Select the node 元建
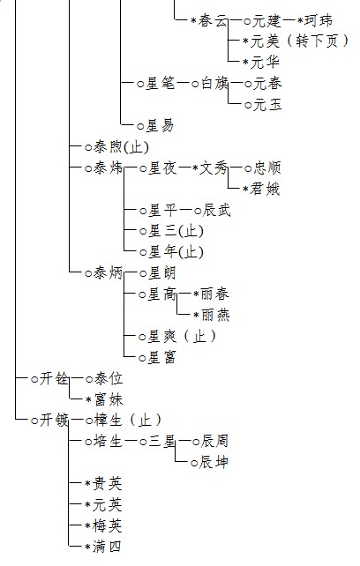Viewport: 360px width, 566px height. (x=266, y=20)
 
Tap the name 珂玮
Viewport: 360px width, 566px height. (x=318, y=20)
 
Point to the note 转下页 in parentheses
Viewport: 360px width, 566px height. (x=318, y=41)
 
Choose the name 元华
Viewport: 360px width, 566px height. (x=265, y=63)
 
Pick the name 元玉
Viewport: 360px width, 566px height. (x=267, y=105)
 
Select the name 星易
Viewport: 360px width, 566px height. (x=160, y=126)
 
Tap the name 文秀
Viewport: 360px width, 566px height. (x=214, y=168)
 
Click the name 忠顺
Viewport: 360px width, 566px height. (x=266, y=168)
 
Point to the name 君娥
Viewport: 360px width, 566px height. (x=265, y=190)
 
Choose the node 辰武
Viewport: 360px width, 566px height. (x=216, y=210)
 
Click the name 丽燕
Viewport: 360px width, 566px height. (x=215, y=315)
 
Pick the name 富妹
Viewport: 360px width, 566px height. (x=109, y=399)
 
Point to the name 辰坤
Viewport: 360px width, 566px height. (x=214, y=462)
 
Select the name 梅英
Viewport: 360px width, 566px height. (x=107, y=525)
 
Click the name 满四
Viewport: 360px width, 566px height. (x=107, y=547)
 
